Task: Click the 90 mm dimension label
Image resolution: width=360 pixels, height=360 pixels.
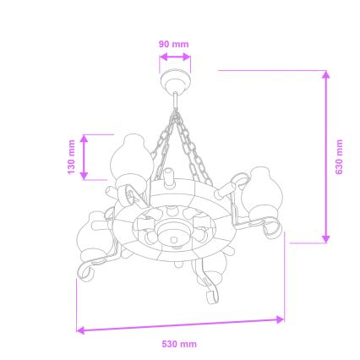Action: tap(174, 42)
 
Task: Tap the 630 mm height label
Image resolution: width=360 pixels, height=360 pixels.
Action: tap(340, 157)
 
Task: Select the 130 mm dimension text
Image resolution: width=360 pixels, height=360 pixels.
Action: tap(71, 157)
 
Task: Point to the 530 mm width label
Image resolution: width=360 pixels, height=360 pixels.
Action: tap(178, 344)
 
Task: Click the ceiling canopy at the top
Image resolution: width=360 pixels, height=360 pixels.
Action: tap(175, 82)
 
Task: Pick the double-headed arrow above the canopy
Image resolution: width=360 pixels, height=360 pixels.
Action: tap(175, 56)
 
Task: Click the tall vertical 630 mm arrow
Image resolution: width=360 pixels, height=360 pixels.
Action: tap(325, 157)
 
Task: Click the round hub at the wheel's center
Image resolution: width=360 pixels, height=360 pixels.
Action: tap(174, 234)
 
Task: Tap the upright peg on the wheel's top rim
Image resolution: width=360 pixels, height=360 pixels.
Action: tap(169, 180)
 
